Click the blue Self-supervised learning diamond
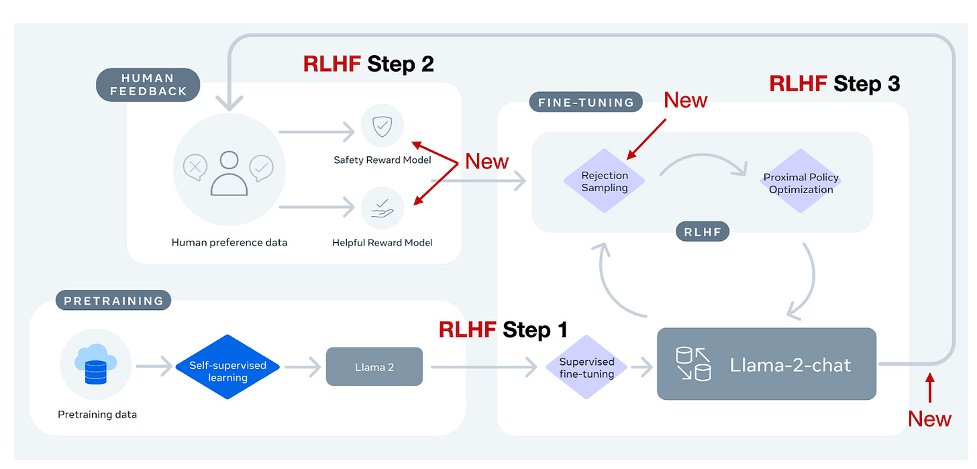pyautogui.click(x=227, y=367)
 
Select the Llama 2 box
pyautogui.click(x=374, y=366)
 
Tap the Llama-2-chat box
pyautogui.click(x=766, y=364)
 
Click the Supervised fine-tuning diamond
pyautogui.click(x=586, y=367)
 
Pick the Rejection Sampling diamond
pyautogui.click(x=605, y=181)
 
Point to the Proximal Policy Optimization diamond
pyautogui.click(x=801, y=183)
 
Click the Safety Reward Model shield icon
pyautogui.click(x=382, y=125)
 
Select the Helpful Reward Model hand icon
pyautogui.click(x=382, y=208)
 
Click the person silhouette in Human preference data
pyautogui.click(x=229, y=173)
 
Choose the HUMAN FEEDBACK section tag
pyautogui.click(x=148, y=85)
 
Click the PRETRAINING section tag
pyautogui.click(x=113, y=301)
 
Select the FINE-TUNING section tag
pyautogui.click(x=586, y=103)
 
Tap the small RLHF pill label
pyautogui.click(x=702, y=231)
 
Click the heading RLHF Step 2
pyautogui.click(x=368, y=64)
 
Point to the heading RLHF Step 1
pyautogui.click(x=503, y=329)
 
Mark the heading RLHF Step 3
pyautogui.click(x=834, y=84)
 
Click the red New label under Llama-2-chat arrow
pyautogui.click(x=929, y=419)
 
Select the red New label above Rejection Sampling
pyautogui.click(x=685, y=100)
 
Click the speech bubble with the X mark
pyautogui.click(x=195, y=167)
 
